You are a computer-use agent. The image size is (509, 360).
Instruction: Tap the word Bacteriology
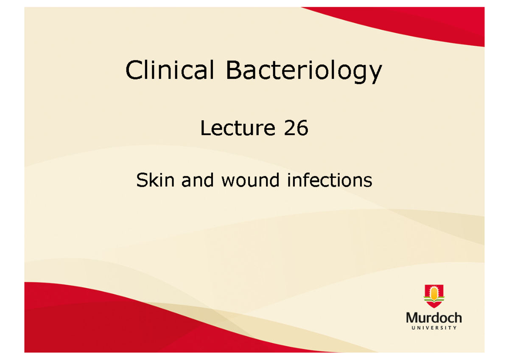click(x=304, y=71)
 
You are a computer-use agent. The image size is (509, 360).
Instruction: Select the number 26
click(x=296, y=128)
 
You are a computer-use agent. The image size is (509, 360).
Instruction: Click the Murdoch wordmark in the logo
click(x=433, y=318)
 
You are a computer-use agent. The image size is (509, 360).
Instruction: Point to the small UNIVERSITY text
click(x=433, y=328)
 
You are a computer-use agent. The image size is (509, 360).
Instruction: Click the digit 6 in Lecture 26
click(x=302, y=128)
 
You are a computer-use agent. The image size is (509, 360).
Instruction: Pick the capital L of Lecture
click(x=204, y=128)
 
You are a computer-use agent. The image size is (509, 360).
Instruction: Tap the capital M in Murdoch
click(x=412, y=318)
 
